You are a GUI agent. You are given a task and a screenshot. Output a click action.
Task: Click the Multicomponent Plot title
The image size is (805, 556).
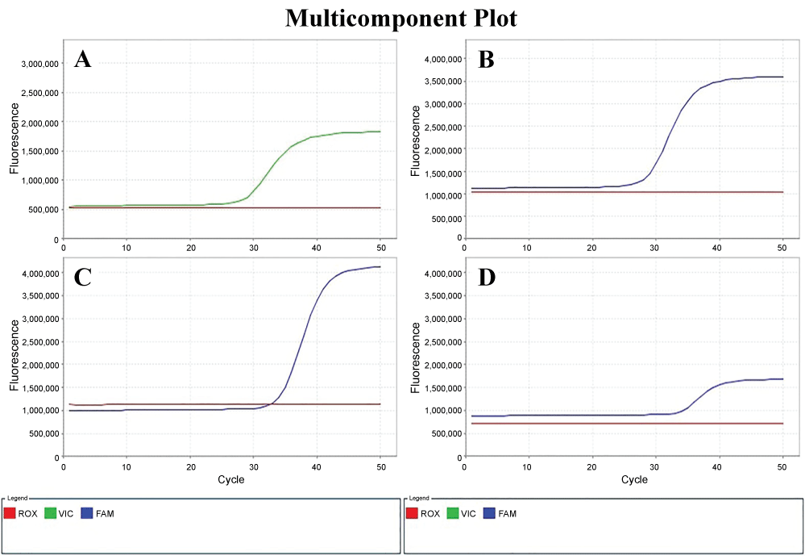click(401, 18)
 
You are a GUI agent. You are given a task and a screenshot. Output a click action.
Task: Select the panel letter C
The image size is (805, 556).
click(82, 278)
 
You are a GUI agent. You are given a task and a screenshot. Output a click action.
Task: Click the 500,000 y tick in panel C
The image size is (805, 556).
click(40, 433)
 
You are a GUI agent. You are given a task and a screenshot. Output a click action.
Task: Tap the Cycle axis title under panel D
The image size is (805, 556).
click(633, 479)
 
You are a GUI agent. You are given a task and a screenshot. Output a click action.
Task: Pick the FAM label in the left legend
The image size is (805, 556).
click(103, 514)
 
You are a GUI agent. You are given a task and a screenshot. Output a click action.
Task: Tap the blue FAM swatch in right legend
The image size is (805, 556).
click(489, 514)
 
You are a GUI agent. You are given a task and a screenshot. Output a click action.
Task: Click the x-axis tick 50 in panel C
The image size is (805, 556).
click(380, 466)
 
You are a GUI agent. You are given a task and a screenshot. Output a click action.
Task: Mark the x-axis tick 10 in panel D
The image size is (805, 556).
click(528, 466)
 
